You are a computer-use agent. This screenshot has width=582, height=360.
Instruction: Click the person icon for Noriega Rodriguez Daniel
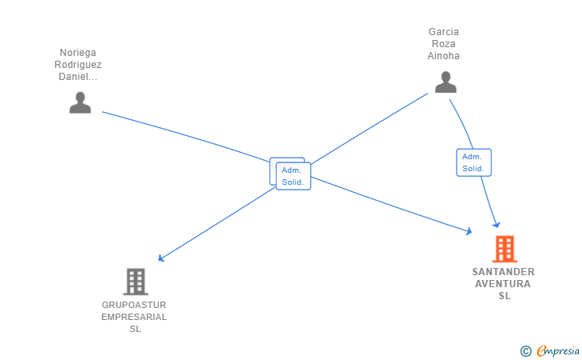click(80, 102)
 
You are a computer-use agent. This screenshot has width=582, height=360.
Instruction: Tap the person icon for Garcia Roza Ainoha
click(445, 82)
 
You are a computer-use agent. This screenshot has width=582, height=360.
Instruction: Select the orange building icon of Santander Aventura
click(504, 249)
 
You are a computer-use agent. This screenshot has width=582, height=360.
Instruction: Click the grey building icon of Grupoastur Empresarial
click(135, 282)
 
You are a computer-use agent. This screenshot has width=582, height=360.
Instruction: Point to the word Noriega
click(78, 53)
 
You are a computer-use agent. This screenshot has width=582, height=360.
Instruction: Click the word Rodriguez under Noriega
click(78, 65)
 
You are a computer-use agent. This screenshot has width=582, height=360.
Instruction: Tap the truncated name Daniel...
click(78, 77)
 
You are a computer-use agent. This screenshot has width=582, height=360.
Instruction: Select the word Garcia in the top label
click(444, 32)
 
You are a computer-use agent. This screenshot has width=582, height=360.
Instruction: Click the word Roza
click(444, 44)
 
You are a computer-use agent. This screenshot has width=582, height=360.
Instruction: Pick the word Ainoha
click(444, 56)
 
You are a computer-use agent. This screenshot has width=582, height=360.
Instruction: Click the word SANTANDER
click(504, 272)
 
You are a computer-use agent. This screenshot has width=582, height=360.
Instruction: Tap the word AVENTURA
click(504, 284)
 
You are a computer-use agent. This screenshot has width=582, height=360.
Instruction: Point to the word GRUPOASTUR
click(134, 305)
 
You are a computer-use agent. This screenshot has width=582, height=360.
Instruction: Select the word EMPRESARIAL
click(134, 317)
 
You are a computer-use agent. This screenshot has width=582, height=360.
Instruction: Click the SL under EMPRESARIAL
click(134, 329)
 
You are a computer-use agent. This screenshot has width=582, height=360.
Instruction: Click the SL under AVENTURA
click(504, 296)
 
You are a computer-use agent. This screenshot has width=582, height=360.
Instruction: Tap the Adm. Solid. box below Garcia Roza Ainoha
click(473, 162)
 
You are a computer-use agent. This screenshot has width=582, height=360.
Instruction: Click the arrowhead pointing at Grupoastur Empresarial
click(161, 258)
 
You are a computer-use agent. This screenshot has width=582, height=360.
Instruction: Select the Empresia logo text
click(552, 350)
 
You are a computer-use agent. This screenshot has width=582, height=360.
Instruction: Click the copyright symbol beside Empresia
click(525, 350)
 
